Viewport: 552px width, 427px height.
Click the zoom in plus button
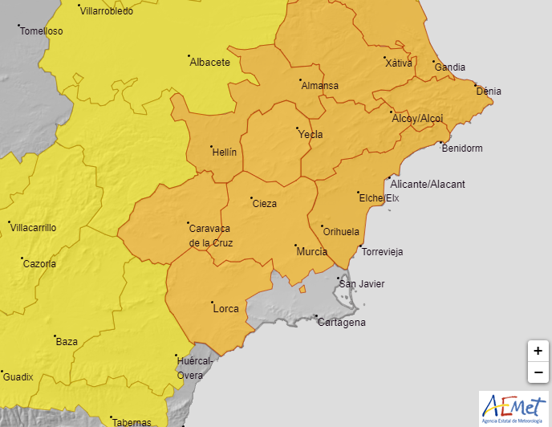pos(538,351)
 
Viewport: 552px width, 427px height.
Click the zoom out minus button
pos(538,372)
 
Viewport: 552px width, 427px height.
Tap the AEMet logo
pos(513,408)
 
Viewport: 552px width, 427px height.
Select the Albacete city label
pos(209,62)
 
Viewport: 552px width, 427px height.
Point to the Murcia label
pos(311,252)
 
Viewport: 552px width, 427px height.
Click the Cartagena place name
pos(341,323)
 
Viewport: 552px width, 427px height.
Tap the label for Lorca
pos(225,308)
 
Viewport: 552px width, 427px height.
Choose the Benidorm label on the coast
pos(461,148)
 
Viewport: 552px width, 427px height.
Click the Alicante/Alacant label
pos(428,184)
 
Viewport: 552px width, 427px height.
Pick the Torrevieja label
pos(382,252)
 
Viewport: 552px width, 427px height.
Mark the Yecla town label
pos(310,134)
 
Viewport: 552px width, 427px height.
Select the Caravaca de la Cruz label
pos(210,234)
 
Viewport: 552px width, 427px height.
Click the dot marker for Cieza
pos(251,197)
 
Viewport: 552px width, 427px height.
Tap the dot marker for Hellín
pos(211,147)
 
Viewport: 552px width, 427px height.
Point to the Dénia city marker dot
pos(475,85)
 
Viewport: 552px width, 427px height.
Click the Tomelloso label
pos(41,31)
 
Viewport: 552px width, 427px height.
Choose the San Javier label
pos(362,284)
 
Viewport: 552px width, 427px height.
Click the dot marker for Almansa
pos(300,80)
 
